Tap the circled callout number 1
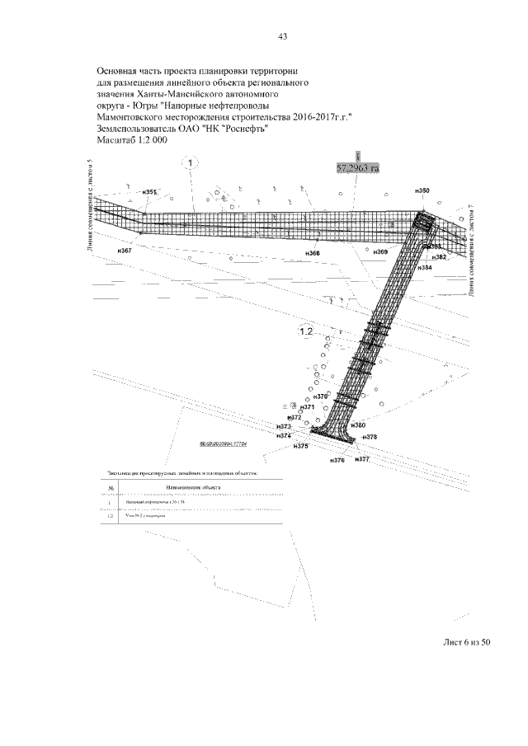coord(190,163)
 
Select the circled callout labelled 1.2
coord(306,331)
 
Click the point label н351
coord(149,192)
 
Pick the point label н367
coord(125,250)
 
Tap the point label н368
coord(313,252)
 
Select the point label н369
coord(379,251)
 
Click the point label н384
coord(425,268)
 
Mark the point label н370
coord(322,396)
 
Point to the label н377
coord(361,458)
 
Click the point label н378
coord(369,437)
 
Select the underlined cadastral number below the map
coord(224,443)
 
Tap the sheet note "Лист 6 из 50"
coord(464,644)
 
